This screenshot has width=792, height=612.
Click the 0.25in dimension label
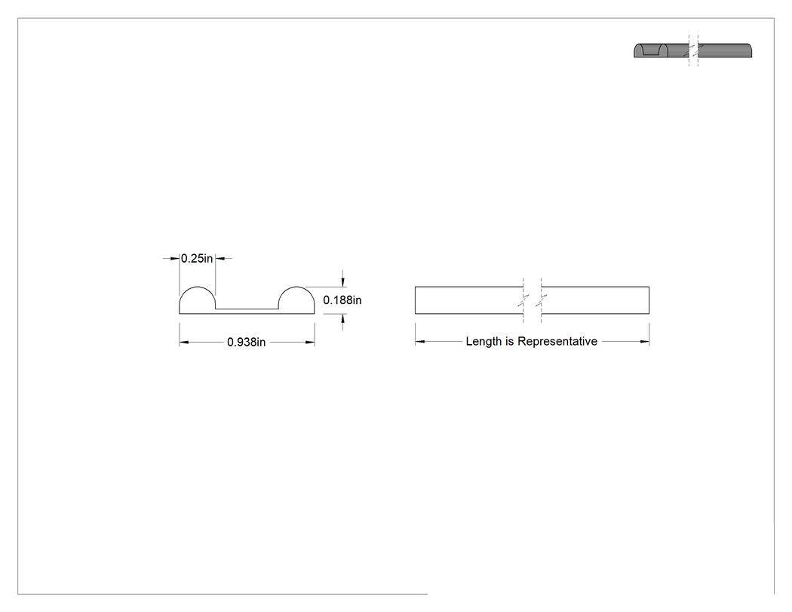[197, 258]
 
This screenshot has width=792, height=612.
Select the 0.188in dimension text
[342, 300]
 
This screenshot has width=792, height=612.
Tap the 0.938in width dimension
[246, 342]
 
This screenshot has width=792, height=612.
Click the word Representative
[557, 342]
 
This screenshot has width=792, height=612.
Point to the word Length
[484, 342]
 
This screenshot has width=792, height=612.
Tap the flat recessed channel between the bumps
[247, 309]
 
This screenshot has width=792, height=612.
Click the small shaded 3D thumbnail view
[693, 51]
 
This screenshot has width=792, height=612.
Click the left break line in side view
[523, 300]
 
